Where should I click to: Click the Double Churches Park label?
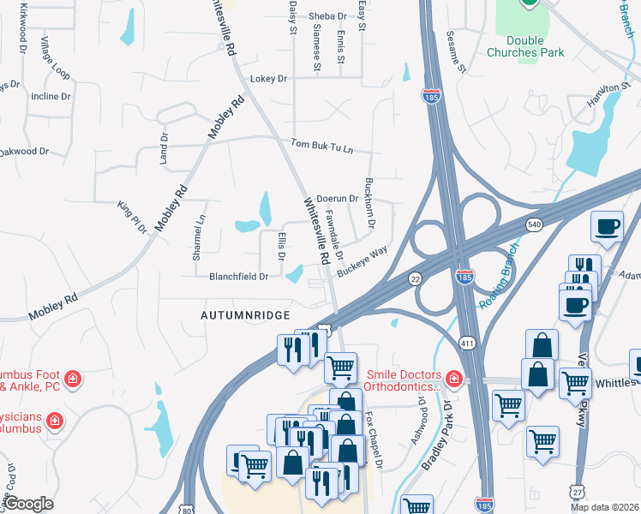[525, 46]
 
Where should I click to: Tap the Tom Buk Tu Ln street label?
[321, 145]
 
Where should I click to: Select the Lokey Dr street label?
[267, 79]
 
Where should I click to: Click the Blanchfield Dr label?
[239, 277]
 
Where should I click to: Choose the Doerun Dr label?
[337, 199]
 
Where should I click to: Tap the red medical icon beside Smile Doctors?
[452, 378]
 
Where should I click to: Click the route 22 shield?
[416, 278]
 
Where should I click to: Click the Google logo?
[28, 504]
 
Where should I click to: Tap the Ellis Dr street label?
[280, 246]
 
